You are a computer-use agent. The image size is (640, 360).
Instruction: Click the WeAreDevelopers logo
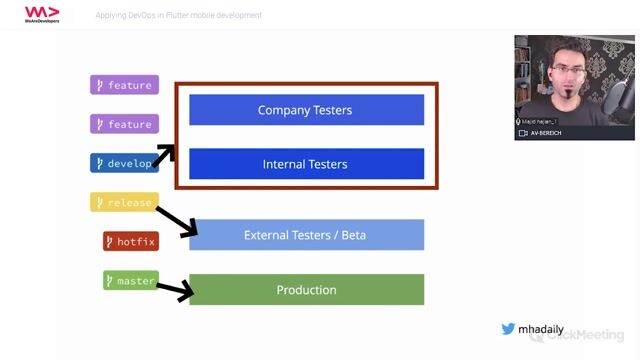point(42,14)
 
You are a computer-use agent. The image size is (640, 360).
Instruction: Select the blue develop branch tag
point(124,163)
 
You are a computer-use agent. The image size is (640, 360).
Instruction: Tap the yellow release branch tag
point(124,202)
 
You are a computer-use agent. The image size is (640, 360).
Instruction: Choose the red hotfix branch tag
point(130,241)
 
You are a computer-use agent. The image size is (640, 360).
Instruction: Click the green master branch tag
point(130,281)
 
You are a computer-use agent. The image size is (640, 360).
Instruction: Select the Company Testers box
point(306,110)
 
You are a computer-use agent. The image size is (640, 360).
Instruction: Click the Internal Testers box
point(306,164)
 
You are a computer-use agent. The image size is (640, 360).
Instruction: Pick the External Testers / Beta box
point(306,235)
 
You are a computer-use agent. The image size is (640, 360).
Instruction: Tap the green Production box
point(306,290)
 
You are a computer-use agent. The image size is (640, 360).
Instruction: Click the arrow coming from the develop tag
point(164,156)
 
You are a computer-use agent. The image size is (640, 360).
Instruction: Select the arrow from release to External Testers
point(176,221)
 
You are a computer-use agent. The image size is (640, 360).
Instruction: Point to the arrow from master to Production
point(174,291)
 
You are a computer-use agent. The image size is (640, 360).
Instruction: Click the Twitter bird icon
point(508,328)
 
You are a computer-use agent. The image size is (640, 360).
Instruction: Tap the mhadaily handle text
point(541,328)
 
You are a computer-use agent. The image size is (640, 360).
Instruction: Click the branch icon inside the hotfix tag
point(110,241)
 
